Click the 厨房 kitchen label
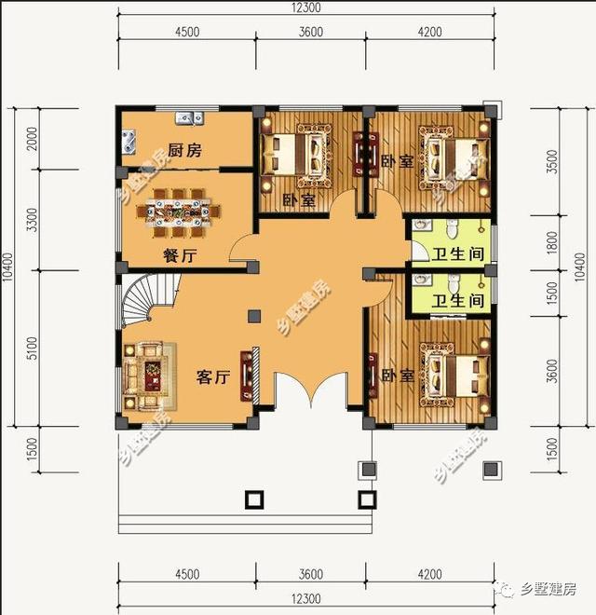click(184, 150)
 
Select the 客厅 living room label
click(212, 376)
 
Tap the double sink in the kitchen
click(189, 117)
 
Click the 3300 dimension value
click(32, 221)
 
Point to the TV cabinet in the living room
click(247, 375)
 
